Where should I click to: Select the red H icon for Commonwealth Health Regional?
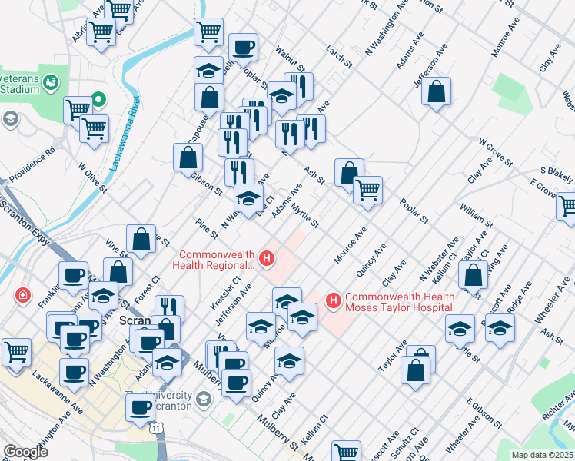(x=267, y=258)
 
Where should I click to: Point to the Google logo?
(x=26, y=452)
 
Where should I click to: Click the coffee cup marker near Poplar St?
(x=243, y=48)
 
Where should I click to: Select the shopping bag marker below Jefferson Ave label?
(x=436, y=91)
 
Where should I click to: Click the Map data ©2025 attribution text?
(x=540, y=455)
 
